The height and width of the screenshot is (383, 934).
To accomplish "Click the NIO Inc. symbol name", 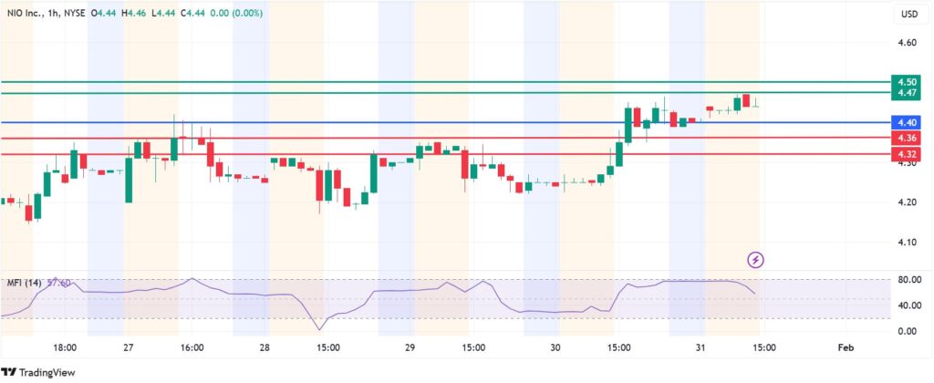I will click(x=26, y=14).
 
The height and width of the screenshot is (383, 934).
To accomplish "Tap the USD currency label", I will click(x=908, y=14).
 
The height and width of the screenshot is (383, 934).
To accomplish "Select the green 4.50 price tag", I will click(x=907, y=81).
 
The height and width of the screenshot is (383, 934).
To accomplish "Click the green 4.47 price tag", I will click(x=907, y=93).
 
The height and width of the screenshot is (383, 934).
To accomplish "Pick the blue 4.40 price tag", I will click(x=907, y=122).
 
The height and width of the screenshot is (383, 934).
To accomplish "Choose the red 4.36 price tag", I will click(x=907, y=138).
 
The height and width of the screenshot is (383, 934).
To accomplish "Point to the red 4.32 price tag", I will click(x=907, y=154).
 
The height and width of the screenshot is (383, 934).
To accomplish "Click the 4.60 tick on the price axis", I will click(x=907, y=42).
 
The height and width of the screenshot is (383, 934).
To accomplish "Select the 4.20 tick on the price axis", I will click(x=907, y=202).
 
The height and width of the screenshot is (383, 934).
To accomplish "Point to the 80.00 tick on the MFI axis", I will click(x=907, y=280).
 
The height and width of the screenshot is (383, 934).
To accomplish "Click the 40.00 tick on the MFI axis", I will click(x=907, y=305).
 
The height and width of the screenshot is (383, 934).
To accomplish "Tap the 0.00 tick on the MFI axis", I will click(x=907, y=331).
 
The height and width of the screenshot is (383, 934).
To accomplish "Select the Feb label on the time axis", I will click(x=845, y=347).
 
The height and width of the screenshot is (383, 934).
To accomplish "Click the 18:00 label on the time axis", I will click(x=65, y=347).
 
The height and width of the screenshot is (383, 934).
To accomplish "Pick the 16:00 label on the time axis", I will click(x=192, y=347).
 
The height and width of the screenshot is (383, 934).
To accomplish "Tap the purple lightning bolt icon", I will click(x=755, y=260).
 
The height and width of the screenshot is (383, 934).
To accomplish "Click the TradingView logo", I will click(x=38, y=372).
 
